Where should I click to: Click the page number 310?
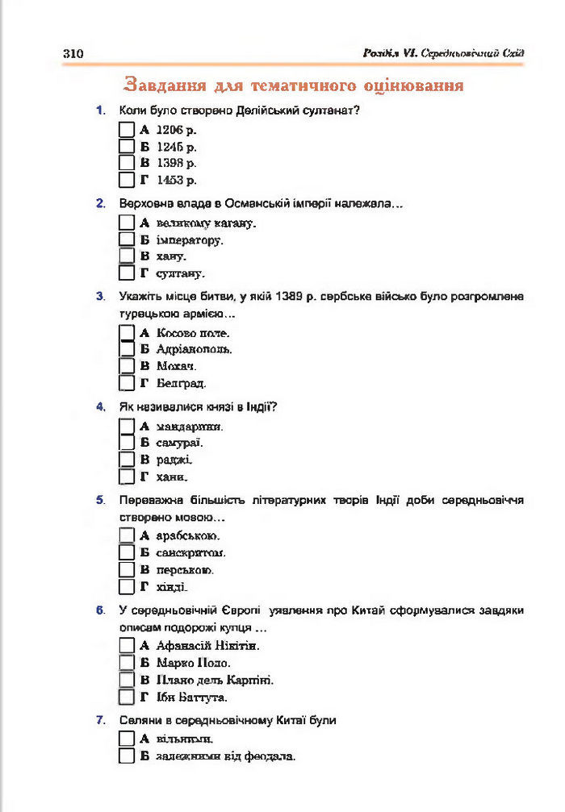[x=73, y=53]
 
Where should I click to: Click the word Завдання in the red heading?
[x=165, y=85]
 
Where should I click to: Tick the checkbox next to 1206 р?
[x=126, y=130]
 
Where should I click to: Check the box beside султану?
[x=126, y=273]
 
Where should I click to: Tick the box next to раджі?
[x=126, y=460]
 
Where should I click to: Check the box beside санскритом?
[x=126, y=553]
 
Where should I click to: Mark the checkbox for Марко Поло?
[x=126, y=663]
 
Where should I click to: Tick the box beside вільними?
[x=126, y=739]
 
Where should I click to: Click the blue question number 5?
[x=99, y=500]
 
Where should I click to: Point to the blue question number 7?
[x=99, y=719]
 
